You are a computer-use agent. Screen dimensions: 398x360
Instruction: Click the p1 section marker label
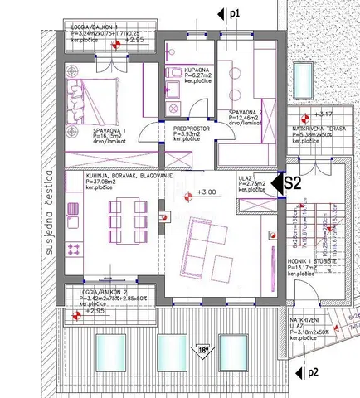pyautogui.click(x=235, y=14)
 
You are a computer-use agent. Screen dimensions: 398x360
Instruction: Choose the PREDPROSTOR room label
pyautogui.click(x=190, y=129)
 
